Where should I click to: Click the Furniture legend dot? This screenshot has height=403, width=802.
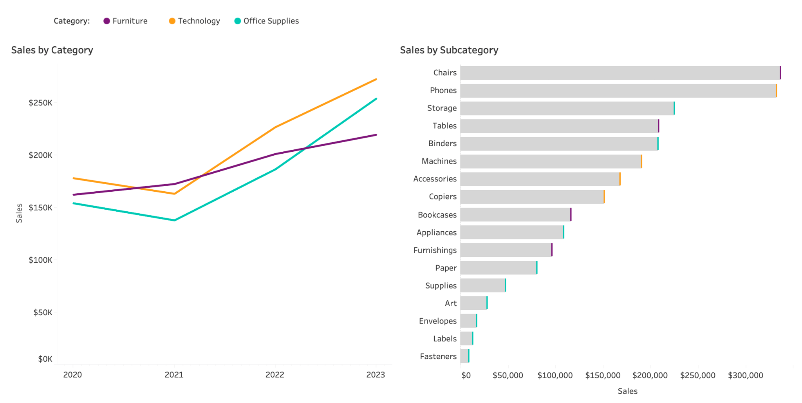tap(107, 21)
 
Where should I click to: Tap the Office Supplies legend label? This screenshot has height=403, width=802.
tap(271, 21)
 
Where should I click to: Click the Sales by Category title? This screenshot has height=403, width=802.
tap(52, 50)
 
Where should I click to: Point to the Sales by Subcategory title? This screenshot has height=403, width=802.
tap(449, 50)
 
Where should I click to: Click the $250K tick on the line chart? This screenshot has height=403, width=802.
tap(40, 103)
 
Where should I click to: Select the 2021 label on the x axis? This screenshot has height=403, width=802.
tap(174, 375)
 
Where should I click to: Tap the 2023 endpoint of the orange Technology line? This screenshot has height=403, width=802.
tap(376, 80)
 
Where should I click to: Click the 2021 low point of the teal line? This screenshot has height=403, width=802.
tap(174, 220)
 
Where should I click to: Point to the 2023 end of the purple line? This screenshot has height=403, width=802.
tap(376, 135)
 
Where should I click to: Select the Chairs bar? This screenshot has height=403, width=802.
tap(620, 73)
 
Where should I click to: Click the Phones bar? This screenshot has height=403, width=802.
tap(618, 91)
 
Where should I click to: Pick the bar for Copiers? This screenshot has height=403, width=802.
tap(532, 197)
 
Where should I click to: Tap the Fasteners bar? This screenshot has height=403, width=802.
tap(464, 356)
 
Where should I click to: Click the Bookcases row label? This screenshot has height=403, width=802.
tap(437, 215)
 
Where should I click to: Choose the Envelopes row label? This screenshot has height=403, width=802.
tap(438, 321)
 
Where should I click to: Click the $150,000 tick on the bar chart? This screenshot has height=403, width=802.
tap(603, 376)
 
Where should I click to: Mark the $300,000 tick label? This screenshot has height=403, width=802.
tap(745, 376)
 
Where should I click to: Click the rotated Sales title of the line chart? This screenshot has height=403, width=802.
tap(19, 213)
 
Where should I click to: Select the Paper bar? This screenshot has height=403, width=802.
tap(499, 268)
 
